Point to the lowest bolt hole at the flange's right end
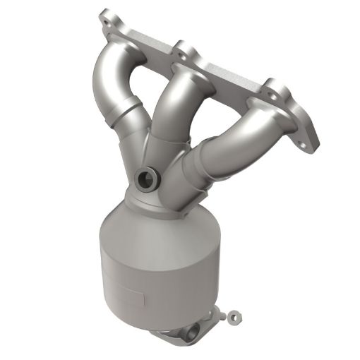click(x=305, y=145)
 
